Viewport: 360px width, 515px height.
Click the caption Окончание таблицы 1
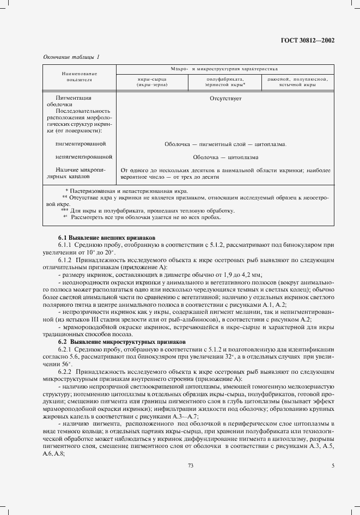[x=71, y=57]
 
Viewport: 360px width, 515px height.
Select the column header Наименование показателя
[x=79, y=76]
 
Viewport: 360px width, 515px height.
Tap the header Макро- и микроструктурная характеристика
[x=224, y=70]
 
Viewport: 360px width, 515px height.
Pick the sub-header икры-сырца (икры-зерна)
[x=152, y=82]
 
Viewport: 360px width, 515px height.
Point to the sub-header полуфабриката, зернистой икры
[x=224, y=82]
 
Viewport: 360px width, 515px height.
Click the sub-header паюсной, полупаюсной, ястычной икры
[x=296, y=82]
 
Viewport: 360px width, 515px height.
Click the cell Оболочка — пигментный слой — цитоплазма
[x=225, y=144]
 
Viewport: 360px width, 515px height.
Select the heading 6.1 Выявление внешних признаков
[x=107, y=238]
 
